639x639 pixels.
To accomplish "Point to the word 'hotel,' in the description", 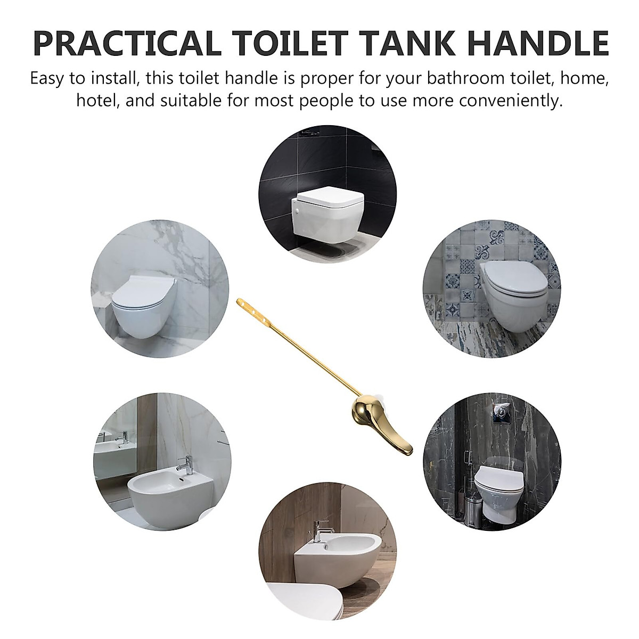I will coord(98,101).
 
